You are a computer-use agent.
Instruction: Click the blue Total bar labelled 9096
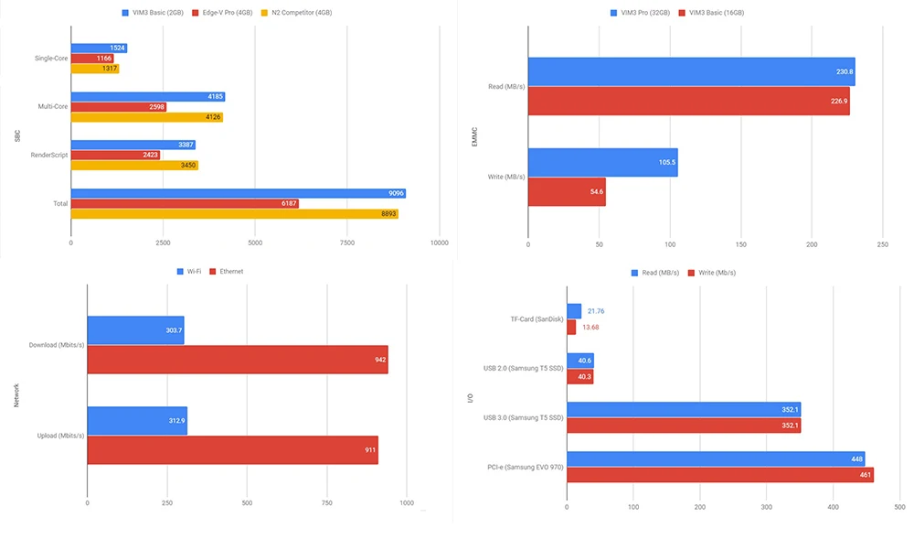click(x=238, y=193)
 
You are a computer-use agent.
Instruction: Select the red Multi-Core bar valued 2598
click(x=119, y=107)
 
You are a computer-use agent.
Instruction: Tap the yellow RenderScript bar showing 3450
click(x=134, y=166)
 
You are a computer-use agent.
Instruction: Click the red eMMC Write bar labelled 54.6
click(x=567, y=192)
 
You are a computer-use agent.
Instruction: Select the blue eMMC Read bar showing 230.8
click(x=691, y=71)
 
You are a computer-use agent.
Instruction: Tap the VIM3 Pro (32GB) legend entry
click(x=641, y=14)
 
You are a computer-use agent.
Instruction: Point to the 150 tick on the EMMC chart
click(x=740, y=245)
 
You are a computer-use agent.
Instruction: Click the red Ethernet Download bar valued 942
click(x=238, y=360)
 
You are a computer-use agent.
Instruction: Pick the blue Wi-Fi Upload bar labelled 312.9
click(x=137, y=421)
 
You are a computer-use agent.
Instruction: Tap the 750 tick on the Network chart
click(x=327, y=502)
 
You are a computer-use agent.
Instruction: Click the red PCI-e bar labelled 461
click(x=719, y=475)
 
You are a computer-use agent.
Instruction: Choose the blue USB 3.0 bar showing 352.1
click(x=684, y=410)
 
